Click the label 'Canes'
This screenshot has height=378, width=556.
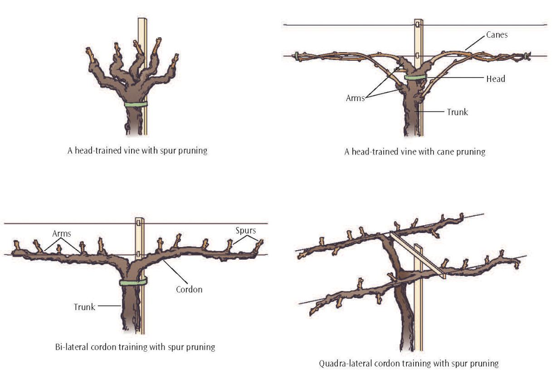click(x=497, y=34)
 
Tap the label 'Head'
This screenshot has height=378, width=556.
click(x=495, y=79)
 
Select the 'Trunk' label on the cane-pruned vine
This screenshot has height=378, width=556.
click(x=457, y=112)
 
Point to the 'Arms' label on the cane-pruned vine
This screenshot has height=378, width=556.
click(x=356, y=98)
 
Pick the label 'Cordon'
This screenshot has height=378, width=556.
click(x=189, y=289)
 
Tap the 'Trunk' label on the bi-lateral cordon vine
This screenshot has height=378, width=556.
click(x=84, y=307)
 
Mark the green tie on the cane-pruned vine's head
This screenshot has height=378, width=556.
click(x=415, y=78)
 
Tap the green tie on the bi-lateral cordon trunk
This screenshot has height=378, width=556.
click(x=133, y=282)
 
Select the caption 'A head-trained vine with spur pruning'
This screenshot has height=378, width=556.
click(x=137, y=151)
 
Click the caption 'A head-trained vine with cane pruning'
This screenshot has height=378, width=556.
click(x=415, y=152)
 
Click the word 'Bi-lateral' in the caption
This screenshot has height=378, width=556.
click(x=67, y=347)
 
